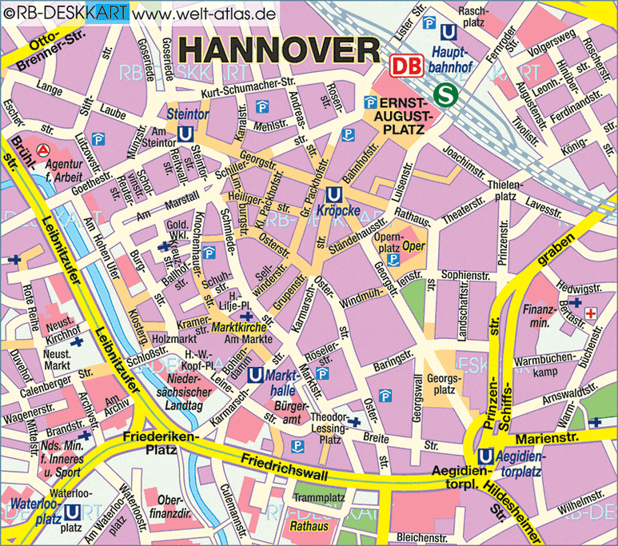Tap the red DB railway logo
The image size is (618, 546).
coord(405,66)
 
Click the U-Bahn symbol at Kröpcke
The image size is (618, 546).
coord(335,194)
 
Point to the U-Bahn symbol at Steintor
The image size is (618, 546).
coord(185,135)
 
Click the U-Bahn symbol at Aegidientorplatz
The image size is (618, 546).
coord(484,456)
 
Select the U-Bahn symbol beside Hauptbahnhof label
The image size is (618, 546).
coord(449,31)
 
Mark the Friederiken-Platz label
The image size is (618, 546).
coord(150,444)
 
